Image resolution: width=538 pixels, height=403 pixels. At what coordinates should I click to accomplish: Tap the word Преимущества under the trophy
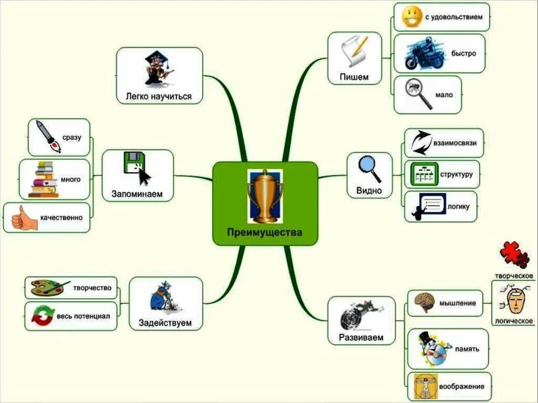[x=265, y=232]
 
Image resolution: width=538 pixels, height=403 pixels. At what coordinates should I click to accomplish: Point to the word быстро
[x=463, y=54]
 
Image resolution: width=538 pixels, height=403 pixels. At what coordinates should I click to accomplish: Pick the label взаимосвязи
[x=455, y=142]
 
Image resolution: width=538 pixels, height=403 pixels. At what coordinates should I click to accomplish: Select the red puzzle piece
[x=514, y=255]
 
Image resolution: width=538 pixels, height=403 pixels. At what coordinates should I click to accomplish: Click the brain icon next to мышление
[x=424, y=303]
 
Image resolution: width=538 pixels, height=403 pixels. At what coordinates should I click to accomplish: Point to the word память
[x=467, y=349]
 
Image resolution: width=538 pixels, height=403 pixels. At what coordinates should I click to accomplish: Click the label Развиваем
[x=361, y=337]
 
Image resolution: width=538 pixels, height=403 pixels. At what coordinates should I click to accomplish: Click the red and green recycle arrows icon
[x=42, y=316]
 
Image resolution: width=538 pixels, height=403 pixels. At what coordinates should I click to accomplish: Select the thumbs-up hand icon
[x=24, y=218]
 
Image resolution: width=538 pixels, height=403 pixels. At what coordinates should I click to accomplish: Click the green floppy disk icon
[x=133, y=163]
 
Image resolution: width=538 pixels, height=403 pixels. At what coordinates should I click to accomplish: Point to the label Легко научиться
[x=158, y=96]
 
